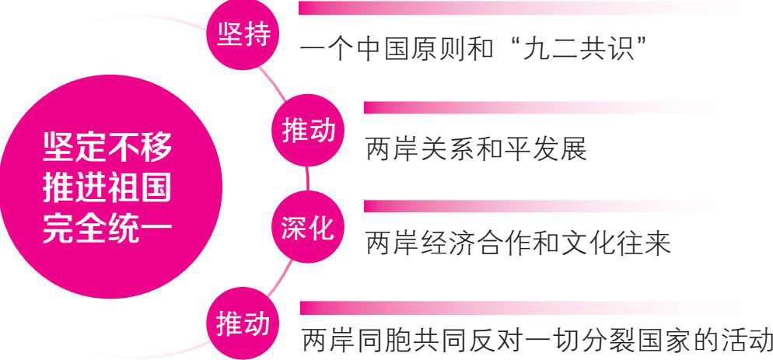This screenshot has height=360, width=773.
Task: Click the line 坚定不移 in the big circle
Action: pyautogui.click(x=107, y=145)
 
